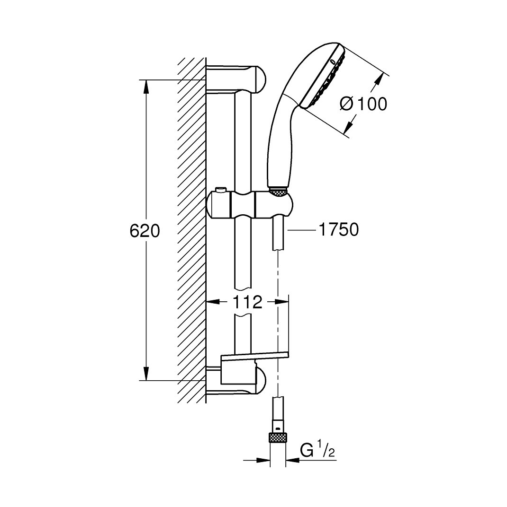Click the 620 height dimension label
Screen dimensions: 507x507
[x=145, y=231]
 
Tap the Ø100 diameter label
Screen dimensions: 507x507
[x=363, y=104]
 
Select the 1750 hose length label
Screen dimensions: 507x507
[x=339, y=229]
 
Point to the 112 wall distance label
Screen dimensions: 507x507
[x=247, y=302]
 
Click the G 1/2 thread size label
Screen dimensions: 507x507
[x=317, y=450]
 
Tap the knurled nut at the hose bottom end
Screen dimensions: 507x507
[x=278, y=438]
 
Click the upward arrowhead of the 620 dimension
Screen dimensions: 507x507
[x=146, y=87]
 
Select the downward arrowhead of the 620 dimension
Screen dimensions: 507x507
[x=146, y=374]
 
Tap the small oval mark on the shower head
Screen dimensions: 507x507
[x=333, y=61]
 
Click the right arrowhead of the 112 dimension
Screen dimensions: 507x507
[x=281, y=302]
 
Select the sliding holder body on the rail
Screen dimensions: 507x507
[x=250, y=205]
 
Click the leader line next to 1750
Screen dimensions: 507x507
[x=302, y=230]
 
